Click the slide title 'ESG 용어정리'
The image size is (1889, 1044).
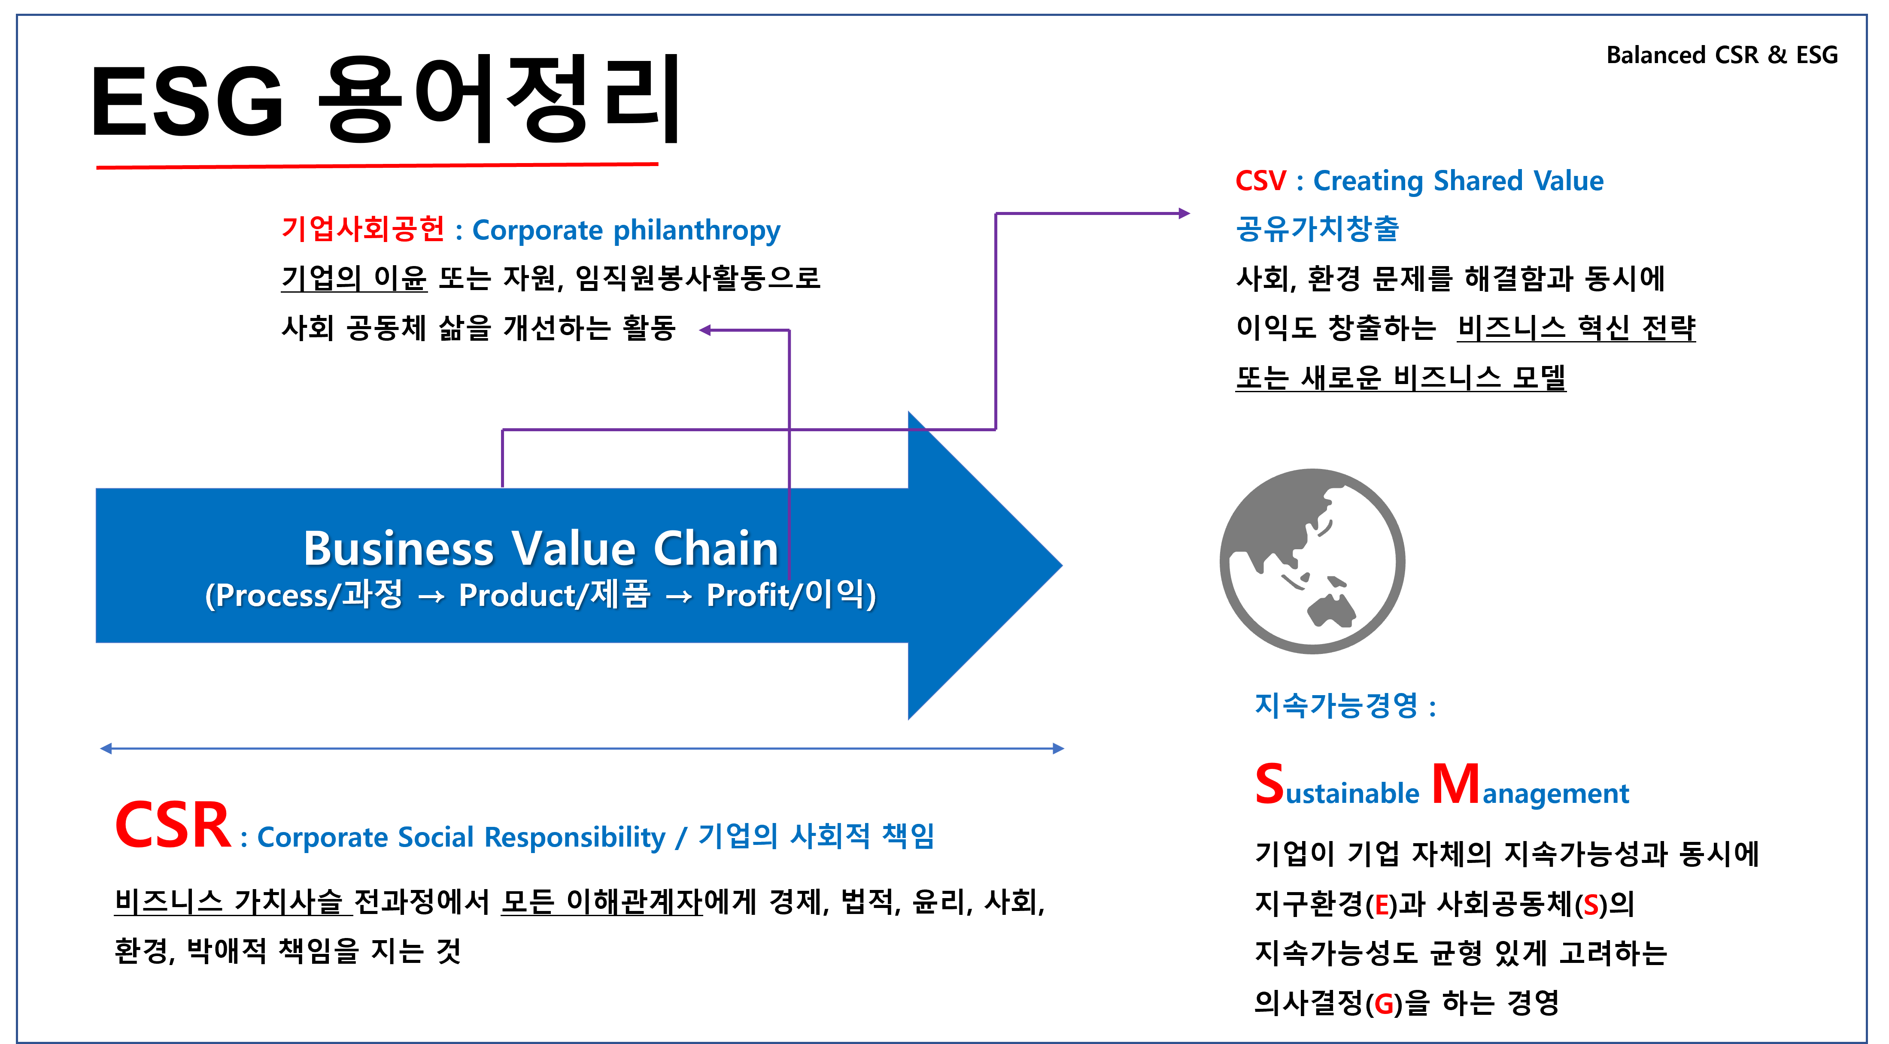(385, 99)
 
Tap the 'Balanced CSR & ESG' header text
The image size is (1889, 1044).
(1721, 55)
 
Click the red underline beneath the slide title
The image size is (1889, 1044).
(377, 166)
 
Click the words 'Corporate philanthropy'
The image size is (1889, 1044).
(626, 230)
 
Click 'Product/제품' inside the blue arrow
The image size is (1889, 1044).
(554, 595)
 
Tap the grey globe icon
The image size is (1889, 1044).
(1312, 562)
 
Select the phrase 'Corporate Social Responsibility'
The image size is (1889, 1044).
(461, 837)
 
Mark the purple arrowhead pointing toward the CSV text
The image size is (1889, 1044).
(1184, 213)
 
